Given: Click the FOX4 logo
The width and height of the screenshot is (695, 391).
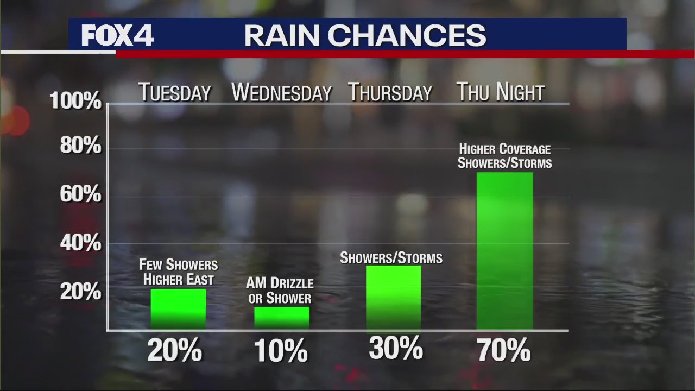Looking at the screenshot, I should (117, 36).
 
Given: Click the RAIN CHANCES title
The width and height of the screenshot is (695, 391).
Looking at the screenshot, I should (365, 36).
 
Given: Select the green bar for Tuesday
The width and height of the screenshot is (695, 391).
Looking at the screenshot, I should (178, 309).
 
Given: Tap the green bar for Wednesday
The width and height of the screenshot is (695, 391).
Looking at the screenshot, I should (282, 318).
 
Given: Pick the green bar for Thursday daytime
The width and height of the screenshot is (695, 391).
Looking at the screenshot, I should (393, 298).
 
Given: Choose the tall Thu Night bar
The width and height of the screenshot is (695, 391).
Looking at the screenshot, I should (504, 251).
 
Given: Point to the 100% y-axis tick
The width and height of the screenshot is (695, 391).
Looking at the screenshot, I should (75, 101).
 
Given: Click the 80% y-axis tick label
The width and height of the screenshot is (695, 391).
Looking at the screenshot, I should (80, 147).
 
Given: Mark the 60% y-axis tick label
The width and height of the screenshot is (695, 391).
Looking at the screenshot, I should (80, 194).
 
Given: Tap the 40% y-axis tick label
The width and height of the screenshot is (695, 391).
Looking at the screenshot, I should (80, 244).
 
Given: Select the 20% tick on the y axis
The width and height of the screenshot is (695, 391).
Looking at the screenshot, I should (80, 292).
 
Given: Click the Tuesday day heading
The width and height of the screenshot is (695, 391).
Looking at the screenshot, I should (174, 93).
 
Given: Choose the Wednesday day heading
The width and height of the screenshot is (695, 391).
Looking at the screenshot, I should (281, 93).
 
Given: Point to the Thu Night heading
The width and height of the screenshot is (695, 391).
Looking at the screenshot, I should (500, 92).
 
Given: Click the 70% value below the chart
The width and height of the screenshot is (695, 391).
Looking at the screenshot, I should (504, 350).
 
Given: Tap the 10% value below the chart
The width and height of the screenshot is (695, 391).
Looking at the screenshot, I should (281, 351).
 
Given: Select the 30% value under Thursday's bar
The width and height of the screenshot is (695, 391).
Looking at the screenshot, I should (395, 349).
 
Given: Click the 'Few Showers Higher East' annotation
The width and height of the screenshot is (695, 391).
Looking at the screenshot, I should (178, 272).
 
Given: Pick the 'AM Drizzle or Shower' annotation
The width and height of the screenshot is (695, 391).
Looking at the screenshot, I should (280, 291).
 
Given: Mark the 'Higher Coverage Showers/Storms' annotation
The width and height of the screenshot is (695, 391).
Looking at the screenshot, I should (504, 156).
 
